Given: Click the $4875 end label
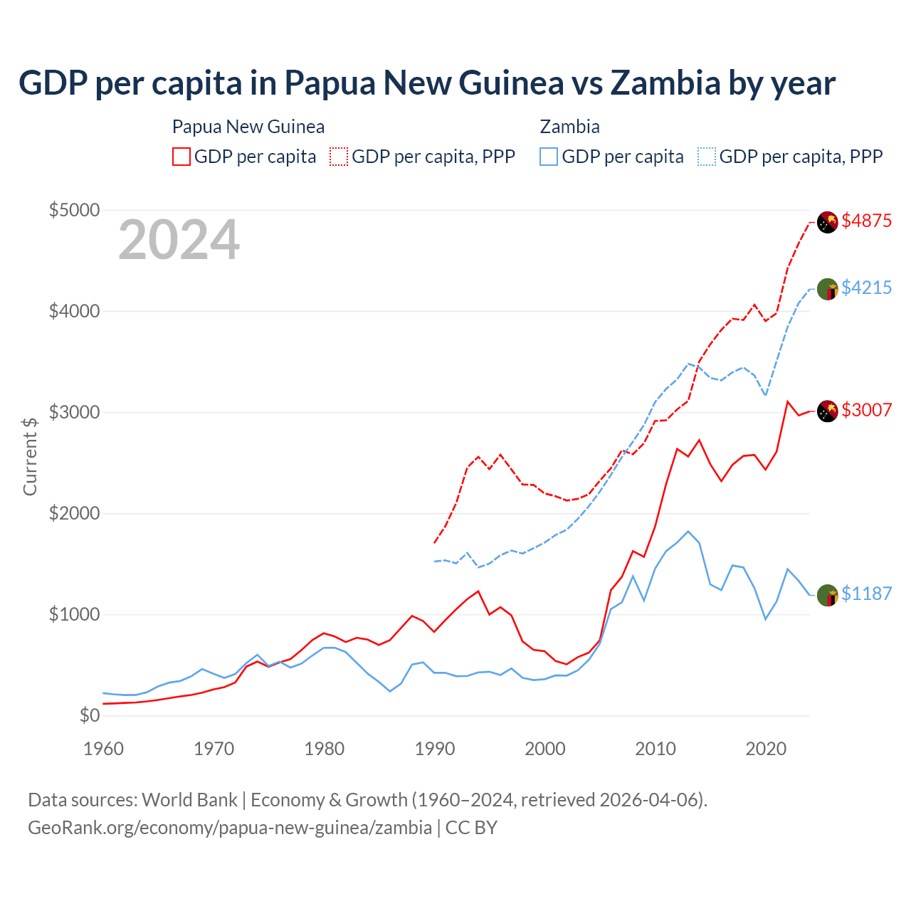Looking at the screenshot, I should coord(866,221).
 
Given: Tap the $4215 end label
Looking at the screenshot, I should coord(866,288).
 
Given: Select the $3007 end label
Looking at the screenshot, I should coord(866,410).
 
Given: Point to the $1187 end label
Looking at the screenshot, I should coord(866,594).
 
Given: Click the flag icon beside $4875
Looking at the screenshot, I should coord(827,222).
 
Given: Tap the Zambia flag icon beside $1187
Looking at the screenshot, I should coord(827,595).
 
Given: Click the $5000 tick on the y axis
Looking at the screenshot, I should coord(74,210).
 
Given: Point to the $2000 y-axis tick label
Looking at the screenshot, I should coord(74,513).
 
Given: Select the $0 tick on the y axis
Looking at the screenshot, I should coord(89,715).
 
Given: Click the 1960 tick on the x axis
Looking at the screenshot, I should coord(104,749).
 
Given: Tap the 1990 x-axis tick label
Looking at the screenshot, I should coord(435,749).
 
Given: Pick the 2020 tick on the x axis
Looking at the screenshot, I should coord(766,749).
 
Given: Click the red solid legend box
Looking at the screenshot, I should coord(181,157).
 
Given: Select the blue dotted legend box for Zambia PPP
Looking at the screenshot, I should coord(707,157).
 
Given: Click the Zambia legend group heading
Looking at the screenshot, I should coord(569,127).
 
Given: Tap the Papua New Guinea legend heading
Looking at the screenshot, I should coord(248,127).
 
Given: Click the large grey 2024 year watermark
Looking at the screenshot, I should coord(179,241).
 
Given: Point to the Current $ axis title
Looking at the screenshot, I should coord(30,456).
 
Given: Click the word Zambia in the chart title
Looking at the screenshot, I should coord(665,83).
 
